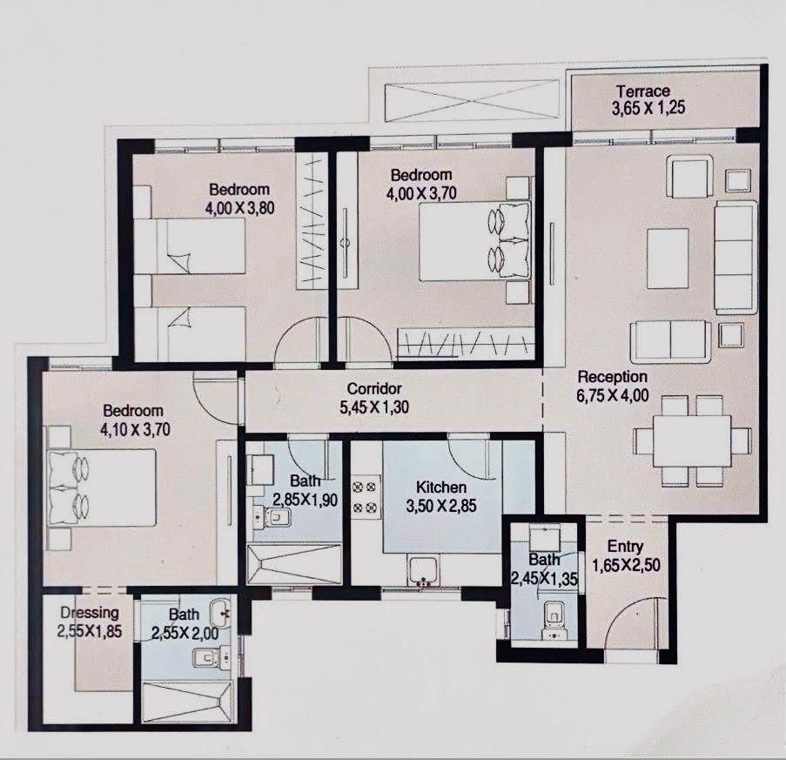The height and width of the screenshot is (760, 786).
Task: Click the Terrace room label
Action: click(x=643, y=91)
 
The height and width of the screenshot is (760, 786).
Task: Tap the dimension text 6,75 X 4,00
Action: click(x=613, y=395)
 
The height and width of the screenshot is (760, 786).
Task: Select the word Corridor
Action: click(x=374, y=388)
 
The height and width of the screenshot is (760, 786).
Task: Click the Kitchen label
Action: click(x=441, y=487)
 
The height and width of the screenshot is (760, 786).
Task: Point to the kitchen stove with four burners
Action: click(x=365, y=497)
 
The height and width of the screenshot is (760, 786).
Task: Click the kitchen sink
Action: click(x=424, y=570)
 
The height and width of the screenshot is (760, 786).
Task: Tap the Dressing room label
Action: click(x=90, y=613)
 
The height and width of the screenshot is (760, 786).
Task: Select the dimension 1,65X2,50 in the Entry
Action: click(x=626, y=566)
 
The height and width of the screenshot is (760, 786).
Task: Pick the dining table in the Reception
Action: click(x=692, y=441)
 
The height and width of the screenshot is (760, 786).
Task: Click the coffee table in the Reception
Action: click(x=668, y=259)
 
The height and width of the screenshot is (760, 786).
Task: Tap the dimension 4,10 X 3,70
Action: click(x=135, y=430)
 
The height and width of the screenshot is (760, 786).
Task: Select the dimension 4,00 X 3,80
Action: click(x=239, y=207)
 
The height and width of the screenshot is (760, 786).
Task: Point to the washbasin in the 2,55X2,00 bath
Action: click(x=220, y=612)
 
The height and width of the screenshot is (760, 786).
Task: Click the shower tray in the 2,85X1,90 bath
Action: click(x=293, y=563)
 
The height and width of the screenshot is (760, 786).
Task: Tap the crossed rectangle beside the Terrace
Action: click(x=471, y=102)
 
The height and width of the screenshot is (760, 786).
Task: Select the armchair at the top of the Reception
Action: click(x=689, y=177)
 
